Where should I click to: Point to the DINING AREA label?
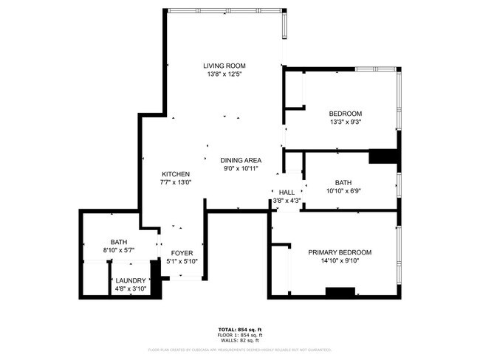click(x=241, y=160)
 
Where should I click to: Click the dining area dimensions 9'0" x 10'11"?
click(x=241, y=168)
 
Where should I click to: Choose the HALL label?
click(x=287, y=192)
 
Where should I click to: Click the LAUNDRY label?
click(x=130, y=280)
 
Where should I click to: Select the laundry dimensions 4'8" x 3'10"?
click(x=130, y=288)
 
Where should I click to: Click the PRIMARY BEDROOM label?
click(x=339, y=252)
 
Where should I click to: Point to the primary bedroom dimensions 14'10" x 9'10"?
click(x=339, y=260)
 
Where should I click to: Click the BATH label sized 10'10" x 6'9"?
click(x=343, y=182)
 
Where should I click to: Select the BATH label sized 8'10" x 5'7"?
click(x=119, y=241)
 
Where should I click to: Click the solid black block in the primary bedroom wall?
click(x=340, y=291)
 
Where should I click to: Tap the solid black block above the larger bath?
click(x=383, y=156)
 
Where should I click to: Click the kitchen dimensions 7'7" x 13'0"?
click(x=176, y=182)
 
